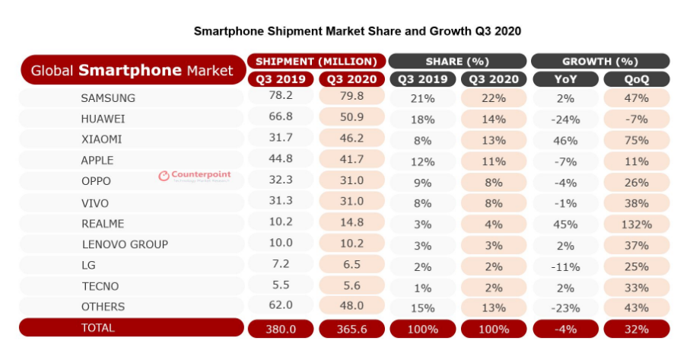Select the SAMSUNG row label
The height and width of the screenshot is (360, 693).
pos(108,98)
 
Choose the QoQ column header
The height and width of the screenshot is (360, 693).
pos(636,79)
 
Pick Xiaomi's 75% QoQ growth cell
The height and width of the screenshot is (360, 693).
pos(636,140)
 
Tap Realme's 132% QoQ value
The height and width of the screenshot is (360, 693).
pos(636,224)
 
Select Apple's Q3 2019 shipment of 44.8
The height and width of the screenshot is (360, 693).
pos(280,161)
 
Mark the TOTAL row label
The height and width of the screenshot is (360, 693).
pos(97,328)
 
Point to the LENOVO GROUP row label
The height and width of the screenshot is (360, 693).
pos(124,244)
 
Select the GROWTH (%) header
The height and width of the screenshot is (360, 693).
pos(600,61)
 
